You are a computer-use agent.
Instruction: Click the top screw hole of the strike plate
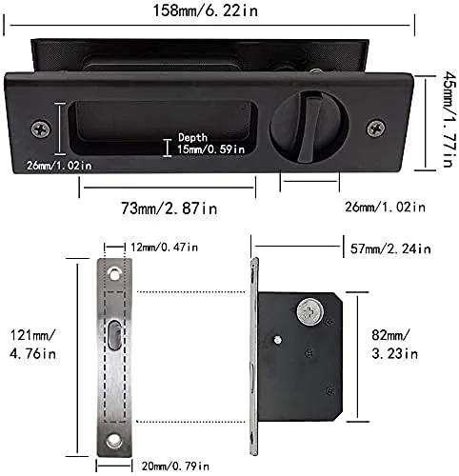[x=113, y=274]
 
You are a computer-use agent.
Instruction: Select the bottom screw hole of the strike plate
[x=113, y=439]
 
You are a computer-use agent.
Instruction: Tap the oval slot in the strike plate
[x=113, y=337]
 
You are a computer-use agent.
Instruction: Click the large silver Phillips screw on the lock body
[x=309, y=311]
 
